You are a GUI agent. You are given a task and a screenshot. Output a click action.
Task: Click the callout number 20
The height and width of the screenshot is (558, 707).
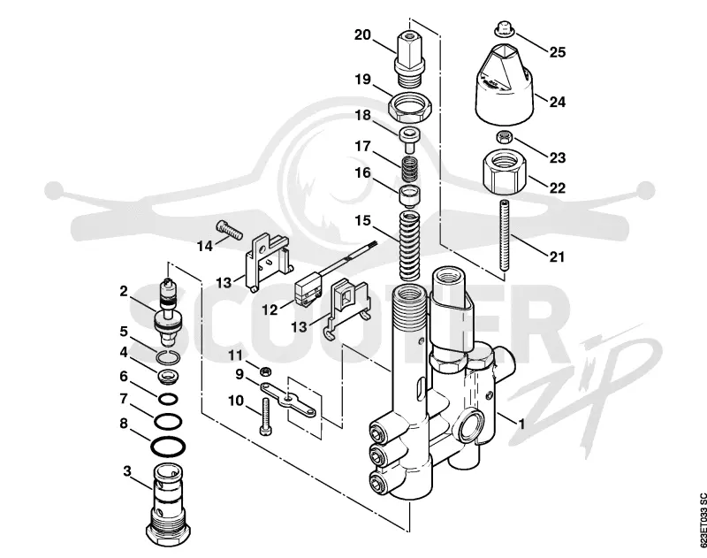[362, 34]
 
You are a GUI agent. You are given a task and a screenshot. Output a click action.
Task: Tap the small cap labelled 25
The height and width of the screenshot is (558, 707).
[504, 28]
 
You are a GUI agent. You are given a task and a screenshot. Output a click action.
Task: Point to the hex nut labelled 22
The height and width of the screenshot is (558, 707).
[503, 172]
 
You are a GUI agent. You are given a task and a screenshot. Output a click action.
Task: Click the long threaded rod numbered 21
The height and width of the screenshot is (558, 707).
[503, 238]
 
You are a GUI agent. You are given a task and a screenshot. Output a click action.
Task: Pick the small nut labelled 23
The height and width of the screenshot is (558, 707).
[503, 136]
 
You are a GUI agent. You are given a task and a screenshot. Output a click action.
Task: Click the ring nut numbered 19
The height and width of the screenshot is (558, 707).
[410, 105]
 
